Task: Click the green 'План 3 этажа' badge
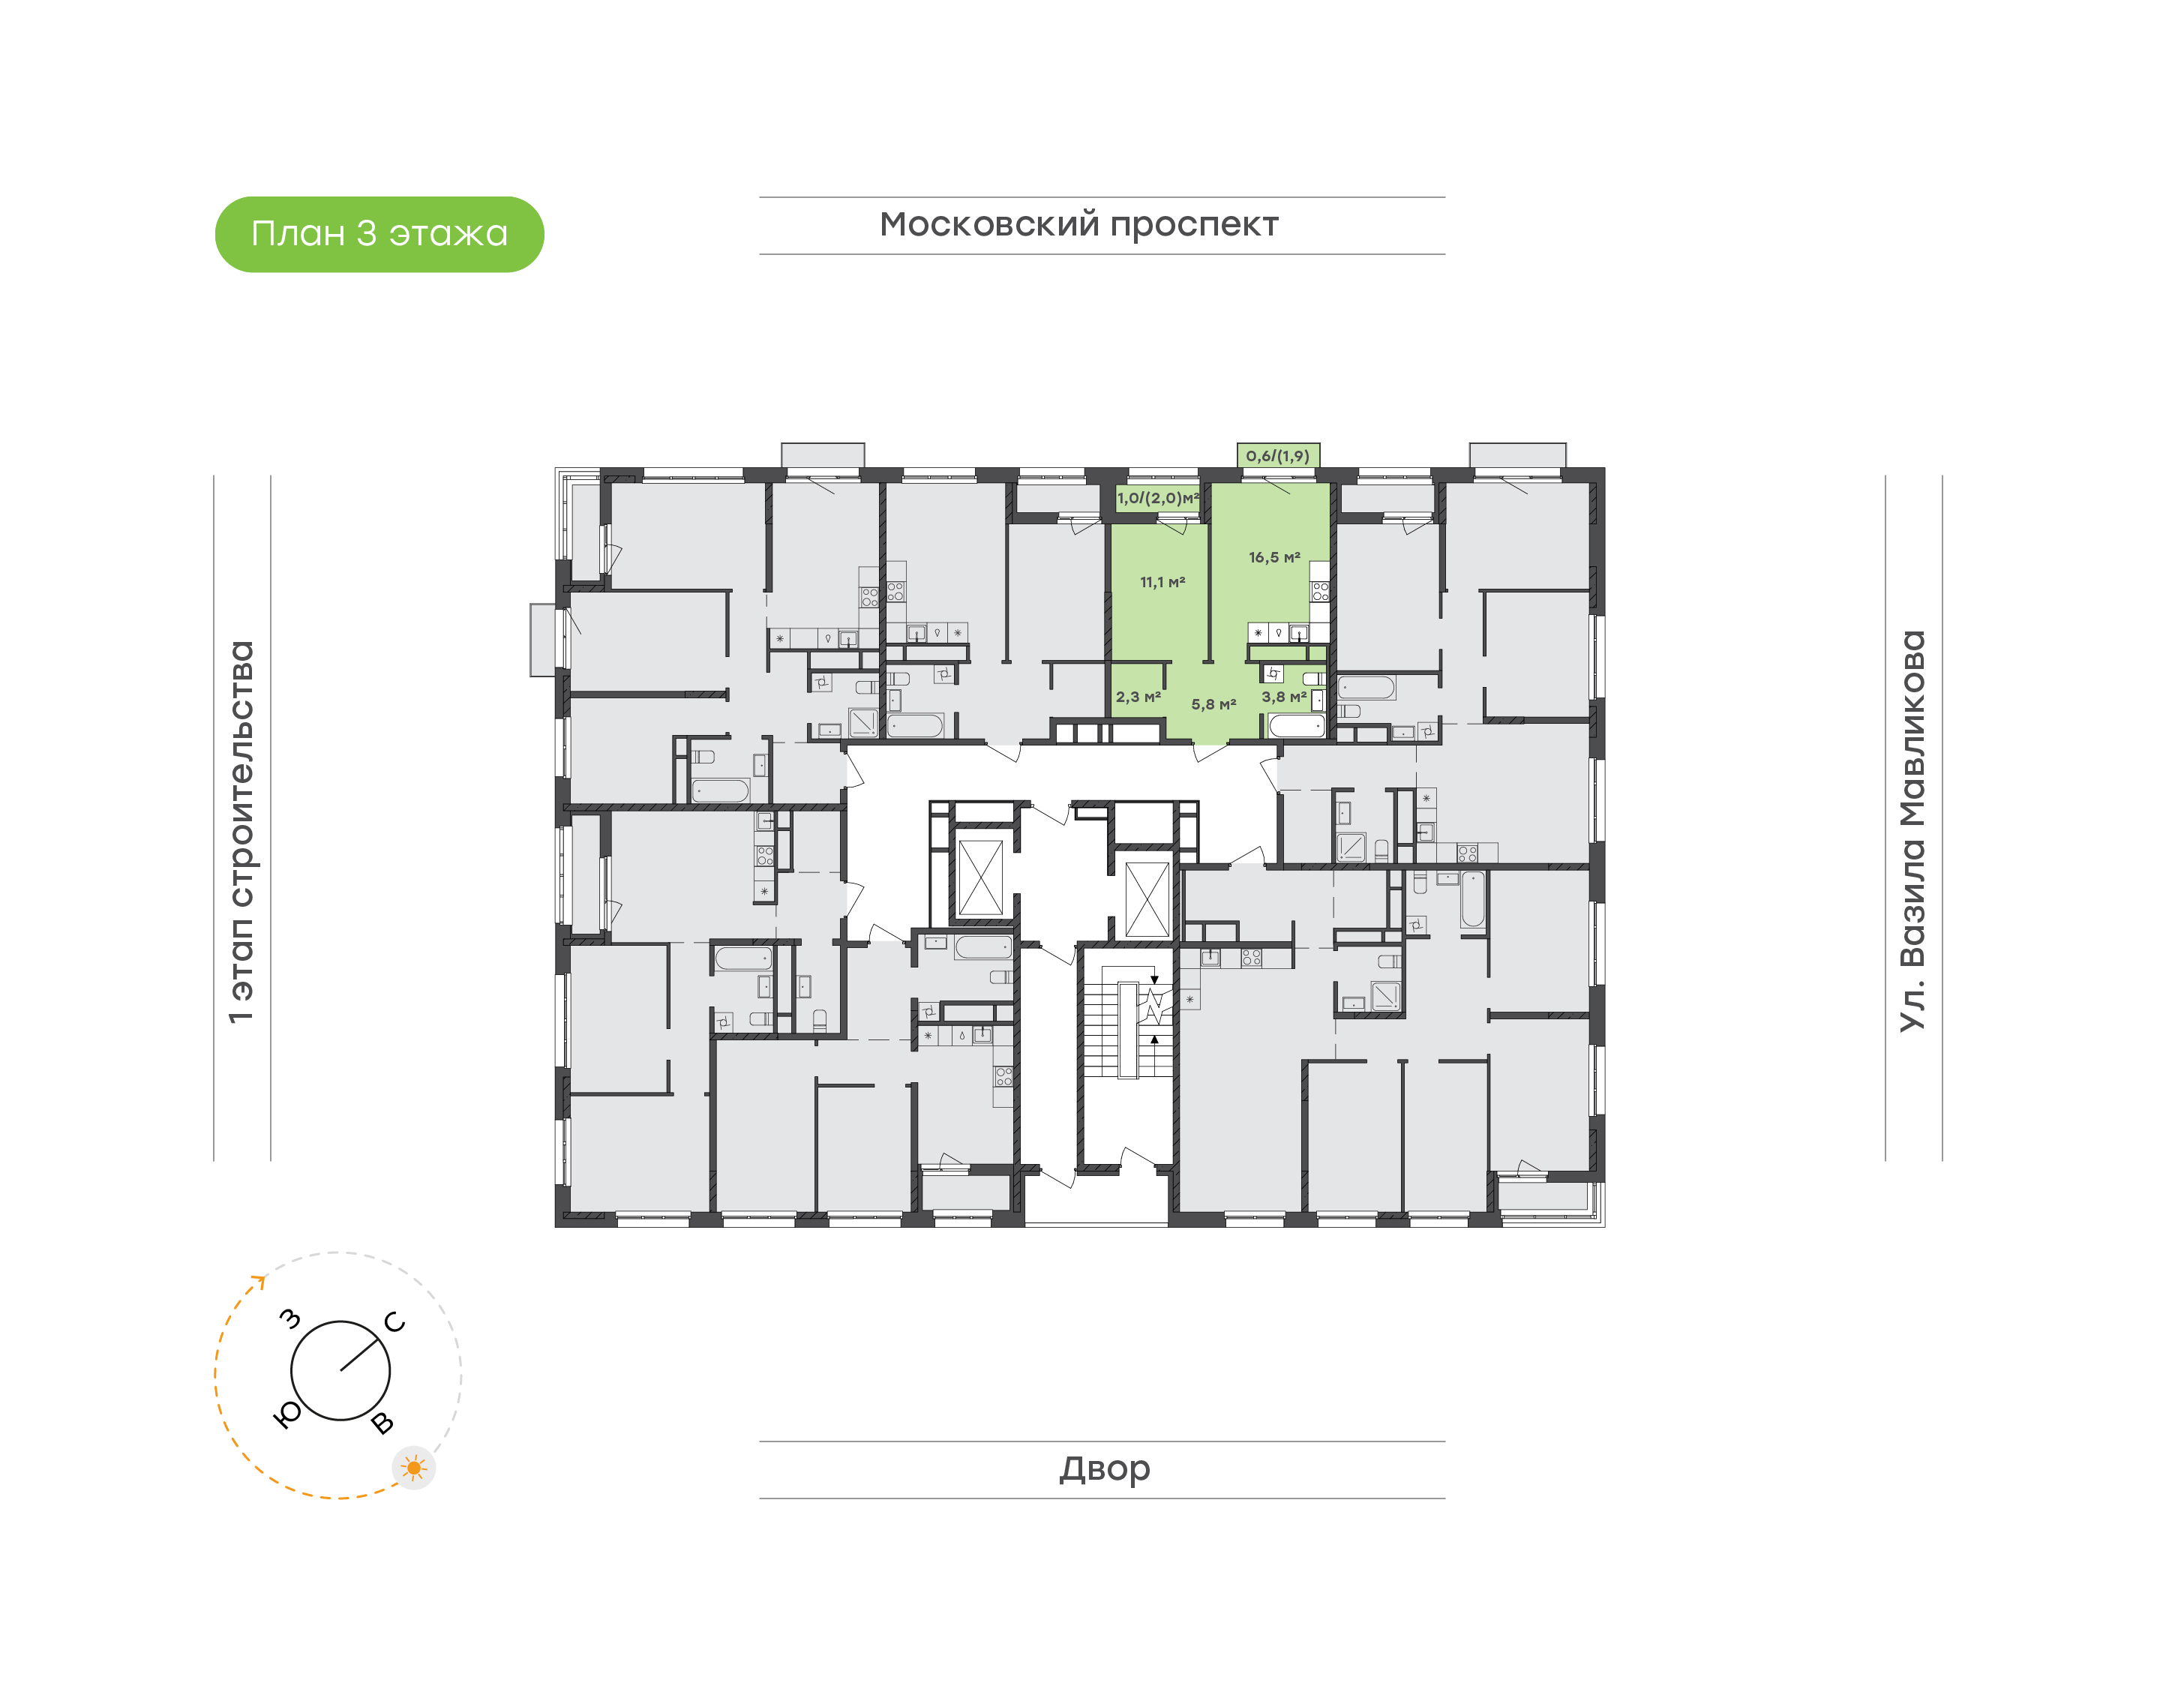pos(379,234)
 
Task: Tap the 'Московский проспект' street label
pos(1078,225)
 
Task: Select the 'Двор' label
pos(1104,1468)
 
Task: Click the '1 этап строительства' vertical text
pos(241,832)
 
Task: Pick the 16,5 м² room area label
pos(1274,558)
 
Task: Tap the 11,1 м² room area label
pos(1162,583)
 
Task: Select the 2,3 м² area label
pos(1138,697)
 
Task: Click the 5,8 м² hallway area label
pos(1213,704)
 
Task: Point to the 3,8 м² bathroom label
pos(1284,697)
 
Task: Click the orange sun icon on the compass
pos(414,1468)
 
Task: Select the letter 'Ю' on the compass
pos(286,1415)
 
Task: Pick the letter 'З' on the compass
pos(289,1319)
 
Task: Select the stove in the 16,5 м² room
pos(1319,592)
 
